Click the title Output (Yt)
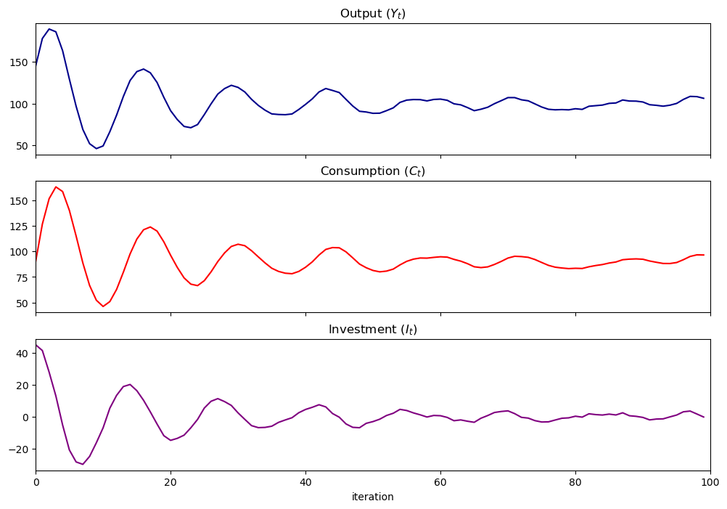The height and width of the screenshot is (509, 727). (x=373, y=13)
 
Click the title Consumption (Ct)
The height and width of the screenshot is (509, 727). (x=373, y=171)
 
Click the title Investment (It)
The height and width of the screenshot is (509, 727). (x=373, y=330)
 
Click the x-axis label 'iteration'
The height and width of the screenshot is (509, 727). (x=373, y=497)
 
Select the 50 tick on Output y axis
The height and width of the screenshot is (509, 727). (x=22, y=146)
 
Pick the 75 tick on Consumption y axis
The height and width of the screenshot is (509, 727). (x=22, y=277)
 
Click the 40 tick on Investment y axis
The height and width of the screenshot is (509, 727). (x=22, y=354)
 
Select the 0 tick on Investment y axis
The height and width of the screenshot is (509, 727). (x=25, y=418)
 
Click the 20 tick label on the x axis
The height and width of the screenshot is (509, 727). (x=171, y=481)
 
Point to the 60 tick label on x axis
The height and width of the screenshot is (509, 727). (x=440, y=481)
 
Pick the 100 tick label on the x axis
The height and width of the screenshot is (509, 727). (x=710, y=481)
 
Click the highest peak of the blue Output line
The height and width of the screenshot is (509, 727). (x=49, y=29)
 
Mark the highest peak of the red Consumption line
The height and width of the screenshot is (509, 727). (x=56, y=187)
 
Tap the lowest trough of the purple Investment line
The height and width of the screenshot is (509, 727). (x=83, y=464)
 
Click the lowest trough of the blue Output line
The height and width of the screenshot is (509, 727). (x=96, y=149)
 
